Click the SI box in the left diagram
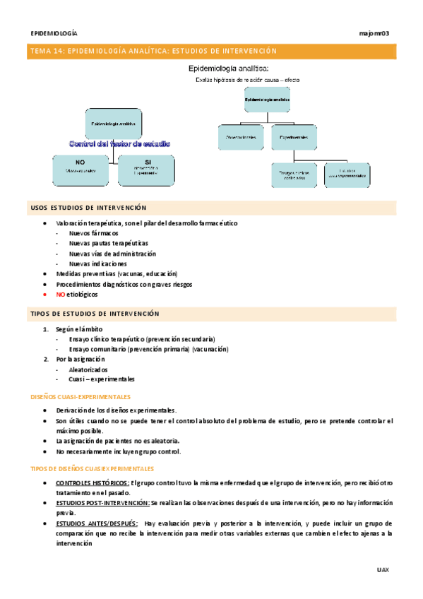point(145,167)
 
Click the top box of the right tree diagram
point(267,100)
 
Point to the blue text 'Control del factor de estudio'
point(119,143)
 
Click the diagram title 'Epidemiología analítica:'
point(227,69)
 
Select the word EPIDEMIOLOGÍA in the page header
point(54,33)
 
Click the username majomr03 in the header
point(374,33)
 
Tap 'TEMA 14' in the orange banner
point(42,51)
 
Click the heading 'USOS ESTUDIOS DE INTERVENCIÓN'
point(88,208)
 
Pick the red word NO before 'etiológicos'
point(60,294)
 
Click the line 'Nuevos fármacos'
point(93,233)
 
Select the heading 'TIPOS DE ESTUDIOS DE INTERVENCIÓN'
point(95,314)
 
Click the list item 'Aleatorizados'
point(88,369)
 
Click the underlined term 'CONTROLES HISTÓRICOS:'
point(92,482)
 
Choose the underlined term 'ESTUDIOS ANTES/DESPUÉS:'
point(96,523)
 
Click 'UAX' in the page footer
point(383,569)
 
